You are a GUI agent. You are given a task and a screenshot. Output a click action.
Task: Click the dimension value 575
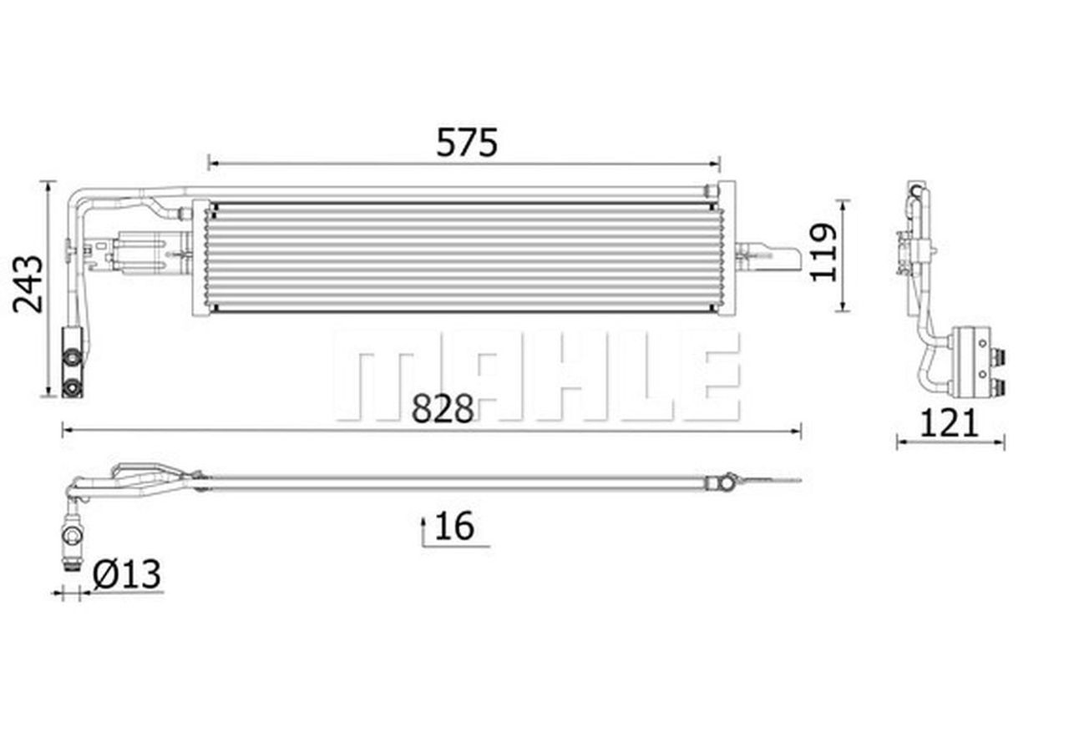pyautogui.click(x=467, y=143)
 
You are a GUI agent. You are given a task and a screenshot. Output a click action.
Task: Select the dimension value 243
pyautogui.click(x=28, y=285)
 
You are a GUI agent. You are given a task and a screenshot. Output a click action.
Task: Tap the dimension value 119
pyautogui.click(x=824, y=252)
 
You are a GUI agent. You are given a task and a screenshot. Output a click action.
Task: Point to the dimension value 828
pyautogui.click(x=443, y=408)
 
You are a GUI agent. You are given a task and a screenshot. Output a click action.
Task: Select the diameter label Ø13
pyautogui.click(x=126, y=574)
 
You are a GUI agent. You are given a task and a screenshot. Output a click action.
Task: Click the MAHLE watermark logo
pyautogui.click(x=538, y=376)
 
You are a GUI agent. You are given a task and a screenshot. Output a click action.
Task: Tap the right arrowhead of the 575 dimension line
pyautogui.click(x=715, y=164)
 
